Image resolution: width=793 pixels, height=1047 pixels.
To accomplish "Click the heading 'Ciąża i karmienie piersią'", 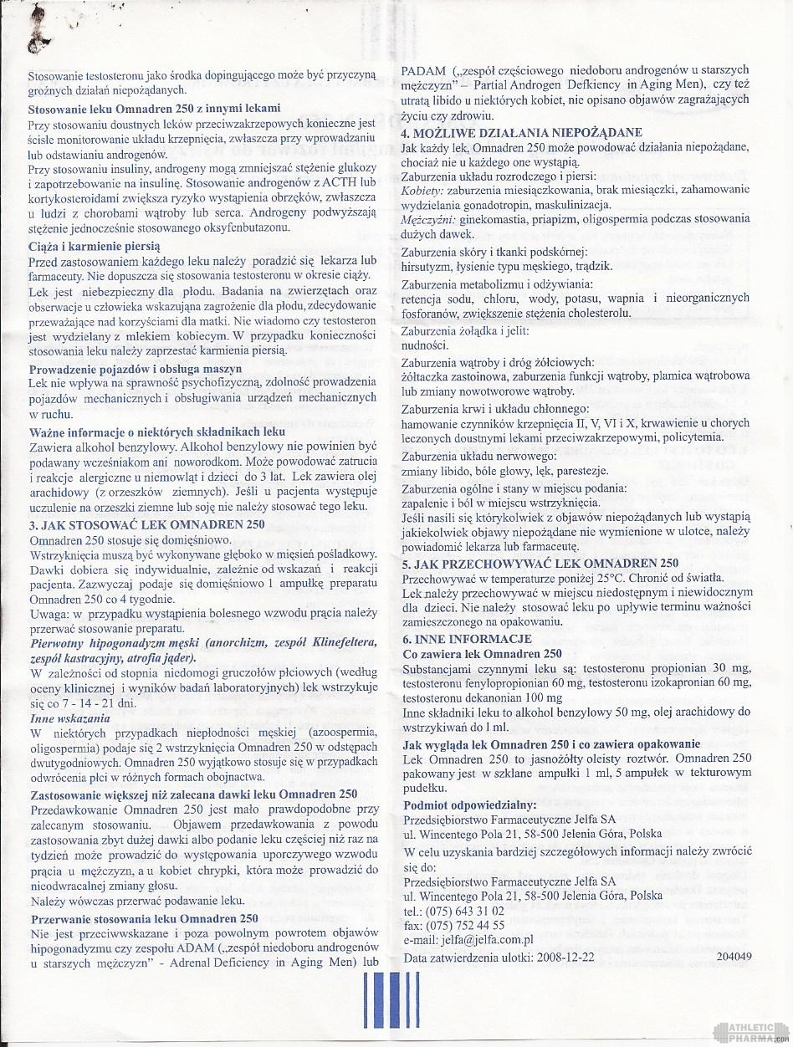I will point(95,247).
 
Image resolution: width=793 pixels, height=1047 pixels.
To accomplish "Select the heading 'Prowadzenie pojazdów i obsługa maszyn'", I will point(136,369).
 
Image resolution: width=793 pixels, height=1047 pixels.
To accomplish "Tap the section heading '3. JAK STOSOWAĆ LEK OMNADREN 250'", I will point(146,524).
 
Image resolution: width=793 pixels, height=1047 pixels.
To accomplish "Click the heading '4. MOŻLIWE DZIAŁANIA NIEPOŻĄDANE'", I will point(521,132).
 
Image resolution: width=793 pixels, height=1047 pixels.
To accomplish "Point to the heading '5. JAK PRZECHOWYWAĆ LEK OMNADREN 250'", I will point(540,563).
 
